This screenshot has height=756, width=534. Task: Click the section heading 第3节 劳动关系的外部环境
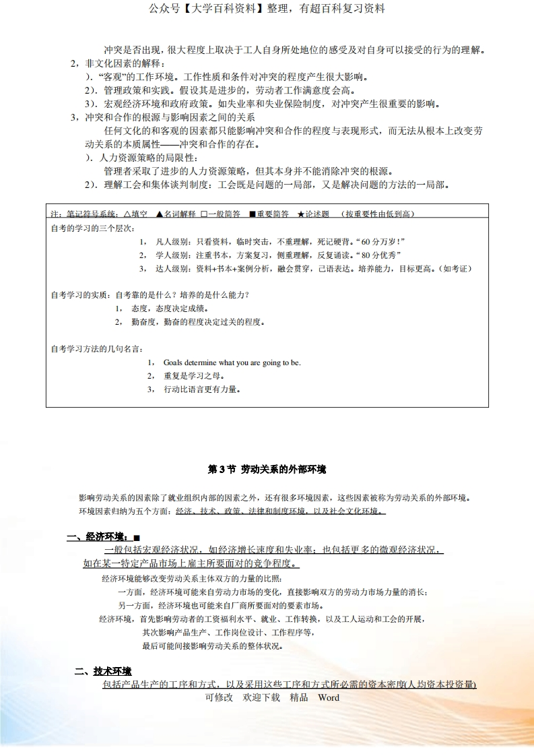pyautogui.click(x=267, y=469)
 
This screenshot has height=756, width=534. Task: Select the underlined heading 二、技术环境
pyautogui.click(x=103, y=671)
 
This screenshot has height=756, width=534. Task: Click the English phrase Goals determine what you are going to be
pyautogui.click(x=232, y=363)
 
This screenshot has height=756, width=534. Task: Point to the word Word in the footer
pyautogui.click(x=329, y=697)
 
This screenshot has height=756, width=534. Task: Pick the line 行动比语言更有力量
pyautogui.click(x=202, y=389)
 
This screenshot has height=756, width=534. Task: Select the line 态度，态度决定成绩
pyautogui.click(x=170, y=308)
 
